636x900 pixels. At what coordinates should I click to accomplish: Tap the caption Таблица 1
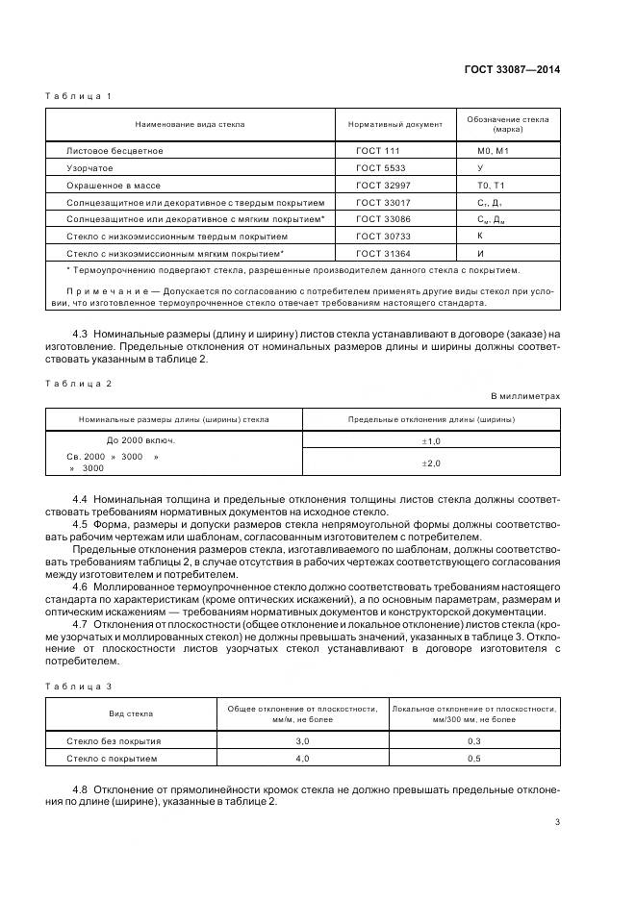tap(80, 97)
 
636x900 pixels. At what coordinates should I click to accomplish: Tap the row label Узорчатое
tap(89, 167)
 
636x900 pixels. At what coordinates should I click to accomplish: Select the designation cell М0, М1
tap(492, 151)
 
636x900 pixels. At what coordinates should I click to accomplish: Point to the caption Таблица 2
tap(80, 383)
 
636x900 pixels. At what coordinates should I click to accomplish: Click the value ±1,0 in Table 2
tap(430, 440)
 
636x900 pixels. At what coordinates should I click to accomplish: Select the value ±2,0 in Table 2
tap(430, 462)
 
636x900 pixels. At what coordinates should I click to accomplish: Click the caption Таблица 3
tap(80, 685)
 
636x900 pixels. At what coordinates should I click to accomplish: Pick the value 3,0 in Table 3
tap(301, 741)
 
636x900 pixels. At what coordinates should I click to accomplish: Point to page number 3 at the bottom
tap(557, 821)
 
